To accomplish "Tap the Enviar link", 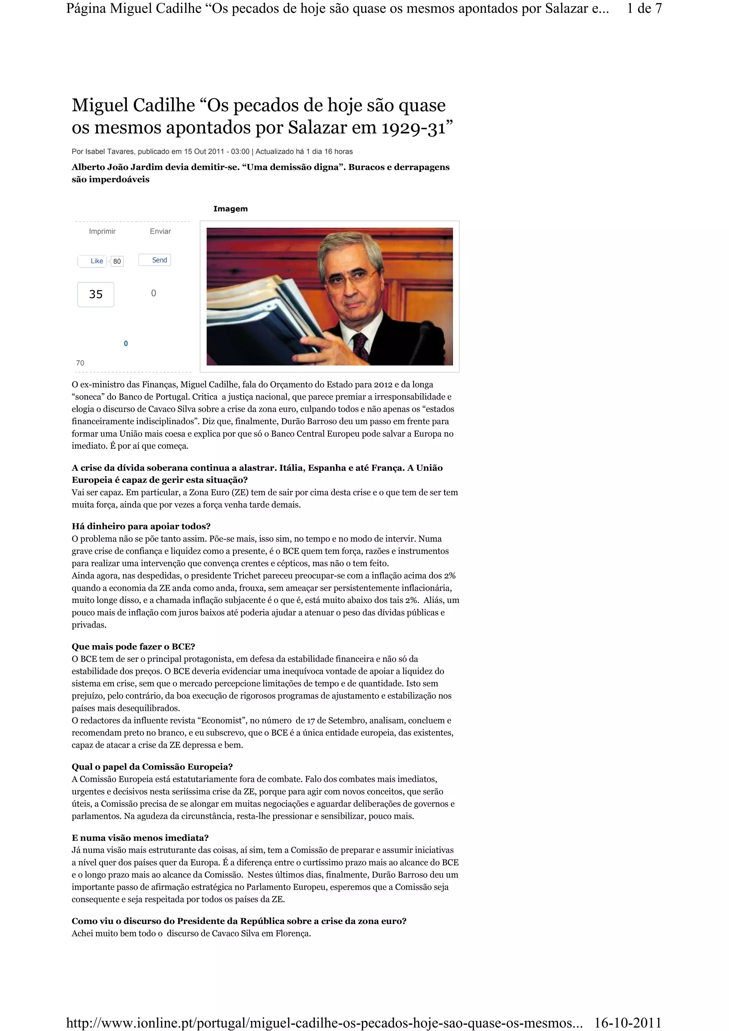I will tap(160, 231).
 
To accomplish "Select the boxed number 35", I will tap(96, 295).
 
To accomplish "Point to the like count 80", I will tap(117, 261).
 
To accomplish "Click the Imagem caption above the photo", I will tap(230, 209).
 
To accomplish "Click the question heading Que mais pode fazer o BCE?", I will tap(133, 647).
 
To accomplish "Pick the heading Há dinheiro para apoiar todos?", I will tap(141, 526).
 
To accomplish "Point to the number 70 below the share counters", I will tap(80, 363).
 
